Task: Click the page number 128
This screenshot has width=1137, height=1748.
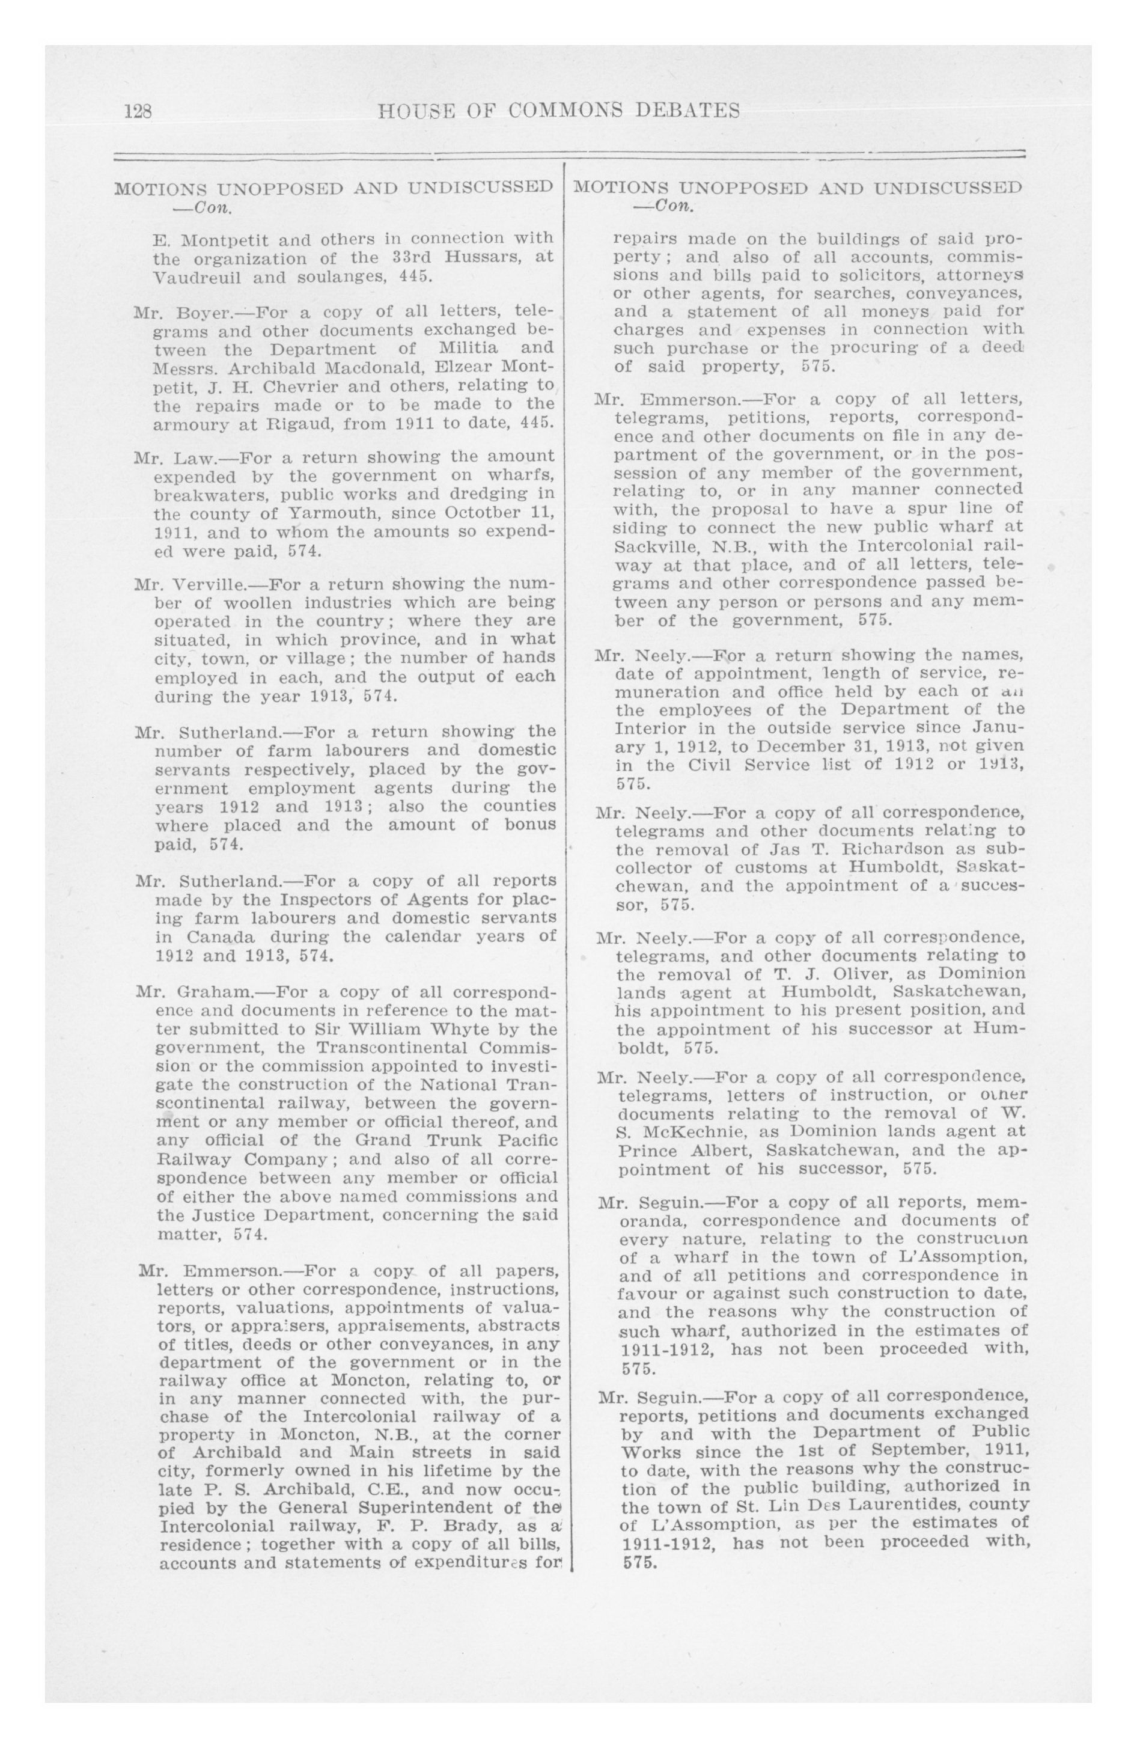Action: (x=138, y=112)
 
